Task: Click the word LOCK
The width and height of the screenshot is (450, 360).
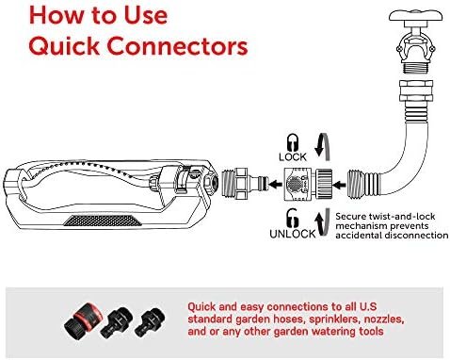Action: [293, 156]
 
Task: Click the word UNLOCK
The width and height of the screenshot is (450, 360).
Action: [293, 234]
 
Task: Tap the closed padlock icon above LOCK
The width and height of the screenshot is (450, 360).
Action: [293, 142]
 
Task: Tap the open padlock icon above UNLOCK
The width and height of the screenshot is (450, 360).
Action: [293, 218]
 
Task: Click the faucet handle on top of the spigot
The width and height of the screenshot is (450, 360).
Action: [416, 16]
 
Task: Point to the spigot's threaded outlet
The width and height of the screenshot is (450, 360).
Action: [416, 67]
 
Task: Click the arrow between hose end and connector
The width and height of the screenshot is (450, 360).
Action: [339, 185]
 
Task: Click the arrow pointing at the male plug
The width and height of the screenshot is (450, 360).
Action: [276, 184]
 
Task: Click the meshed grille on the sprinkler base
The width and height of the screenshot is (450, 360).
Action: [103, 221]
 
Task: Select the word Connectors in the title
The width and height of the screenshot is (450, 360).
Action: [177, 46]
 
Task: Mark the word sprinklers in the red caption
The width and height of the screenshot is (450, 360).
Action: [334, 319]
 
